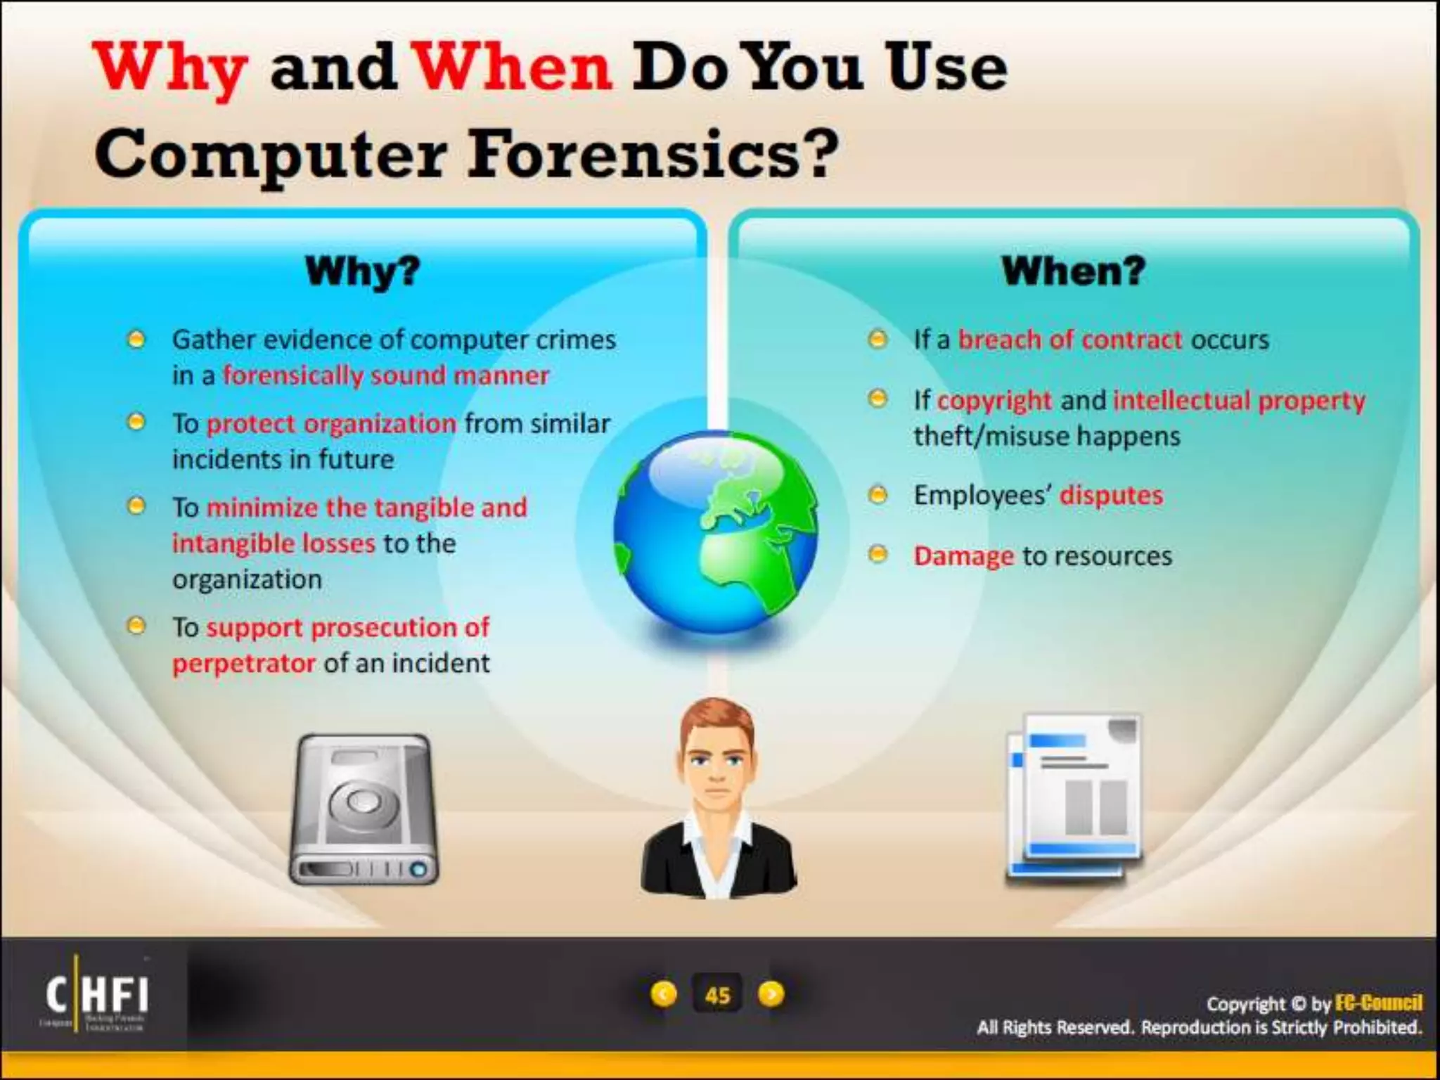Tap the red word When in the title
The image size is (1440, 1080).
pyautogui.click(x=513, y=68)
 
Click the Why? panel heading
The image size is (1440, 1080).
pyautogui.click(x=362, y=271)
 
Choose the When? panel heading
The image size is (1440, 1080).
pyautogui.click(x=1073, y=271)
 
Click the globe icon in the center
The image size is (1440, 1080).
pyautogui.click(x=716, y=532)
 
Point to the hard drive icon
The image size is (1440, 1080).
pyautogui.click(x=364, y=809)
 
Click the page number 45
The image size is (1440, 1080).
pyautogui.click(x=717, y=995)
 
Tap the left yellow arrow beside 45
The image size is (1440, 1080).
pyautogui.click(x=664, y=994)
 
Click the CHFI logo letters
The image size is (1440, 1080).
pyautogui.click(x=97, y=994)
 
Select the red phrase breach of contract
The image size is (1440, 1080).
pyautogui.click(x=1070, y=340)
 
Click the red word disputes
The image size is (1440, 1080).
pyautogui.click(x=1111, y=496)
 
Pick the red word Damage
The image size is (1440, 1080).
pyautogui.click(x=963, y=556)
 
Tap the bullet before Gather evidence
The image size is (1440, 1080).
pyautogui.click(x=136, y=340)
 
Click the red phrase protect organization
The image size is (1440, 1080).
pyautogui.click(x=331, y=424)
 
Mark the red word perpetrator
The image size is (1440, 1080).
pyautogui.click(x=244, y=663)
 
